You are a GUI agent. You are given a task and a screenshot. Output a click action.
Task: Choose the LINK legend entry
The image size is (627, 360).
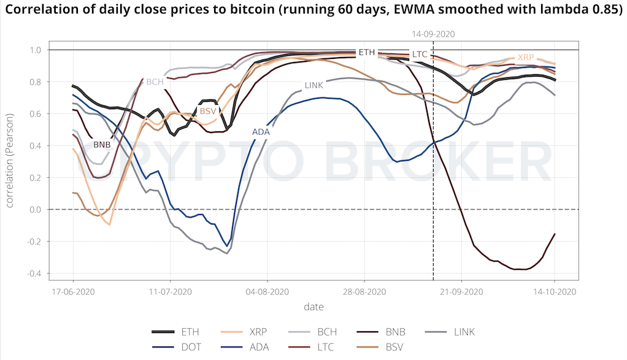pyautogui.click(x=464, y=332)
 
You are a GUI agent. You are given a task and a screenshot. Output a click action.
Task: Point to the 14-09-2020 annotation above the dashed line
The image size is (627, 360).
pyautogui.click(x=434, y=35)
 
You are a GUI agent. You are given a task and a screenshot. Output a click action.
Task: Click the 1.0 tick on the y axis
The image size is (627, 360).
pyautogui.click(x=36, y=50)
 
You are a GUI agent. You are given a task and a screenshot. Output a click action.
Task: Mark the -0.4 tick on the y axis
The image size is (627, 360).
pyautogui.click(x=35, y=274)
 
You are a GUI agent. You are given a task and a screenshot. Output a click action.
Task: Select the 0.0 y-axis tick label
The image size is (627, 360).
pyautogui.click(x=36, y=210)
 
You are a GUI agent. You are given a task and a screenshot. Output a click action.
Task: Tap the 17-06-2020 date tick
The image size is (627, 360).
pyautogui.click(x=72, y=291)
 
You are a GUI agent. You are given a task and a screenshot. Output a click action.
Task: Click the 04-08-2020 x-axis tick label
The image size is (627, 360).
pyautogui.click(x=267, y=291)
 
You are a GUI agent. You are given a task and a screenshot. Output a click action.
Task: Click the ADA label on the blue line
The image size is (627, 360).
pyautogui.click(x=261, y=132)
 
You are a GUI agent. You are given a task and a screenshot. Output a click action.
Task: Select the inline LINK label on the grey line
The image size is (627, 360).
pyautogui.click(x=313, y=85)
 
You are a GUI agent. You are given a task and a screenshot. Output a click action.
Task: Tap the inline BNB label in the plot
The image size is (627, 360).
pyautogui.click(x=102, y=145)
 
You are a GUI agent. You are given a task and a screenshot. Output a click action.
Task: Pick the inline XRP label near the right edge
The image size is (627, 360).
pyautogui.click(x=526, y=57)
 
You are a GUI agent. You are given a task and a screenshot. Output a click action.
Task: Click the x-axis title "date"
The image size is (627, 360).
pyautogui.click(x=313, y=306)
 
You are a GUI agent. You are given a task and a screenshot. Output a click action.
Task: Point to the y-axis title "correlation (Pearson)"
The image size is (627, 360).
pyautogui.click(x=10, y=161)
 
